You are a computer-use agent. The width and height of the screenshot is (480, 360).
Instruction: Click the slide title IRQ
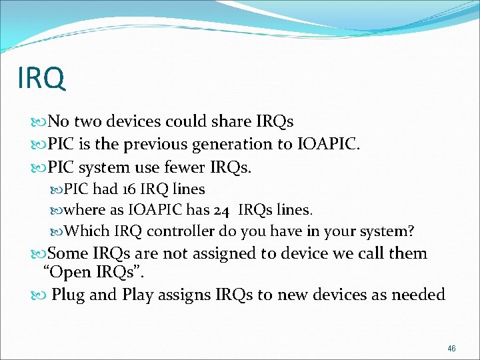tap(42, 78)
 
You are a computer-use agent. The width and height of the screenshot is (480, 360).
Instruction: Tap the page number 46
tap(451, 349)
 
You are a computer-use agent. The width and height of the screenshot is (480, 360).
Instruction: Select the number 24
tap(222, 210)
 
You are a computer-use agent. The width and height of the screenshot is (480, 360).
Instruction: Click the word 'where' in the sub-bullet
tap(85, 210)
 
